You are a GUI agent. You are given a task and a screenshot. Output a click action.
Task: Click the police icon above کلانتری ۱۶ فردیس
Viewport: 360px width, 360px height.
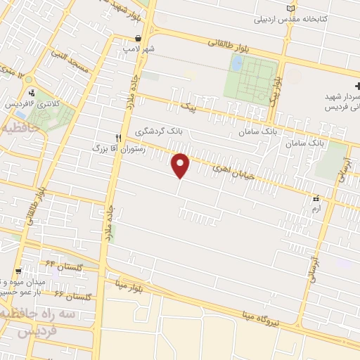tap(31, 92)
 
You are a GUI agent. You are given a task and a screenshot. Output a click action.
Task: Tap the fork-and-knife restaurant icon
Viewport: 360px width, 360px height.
tap(120, 139)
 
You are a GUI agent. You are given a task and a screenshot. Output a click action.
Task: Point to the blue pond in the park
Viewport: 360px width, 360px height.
tap(236, 64)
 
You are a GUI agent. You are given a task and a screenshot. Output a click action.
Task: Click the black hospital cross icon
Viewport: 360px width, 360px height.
tap(349, 85)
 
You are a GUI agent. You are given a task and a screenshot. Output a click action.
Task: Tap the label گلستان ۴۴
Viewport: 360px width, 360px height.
tap(60, 267)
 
